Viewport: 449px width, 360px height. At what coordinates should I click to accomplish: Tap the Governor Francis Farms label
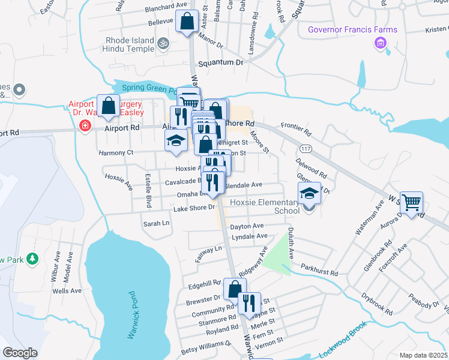[352, 30]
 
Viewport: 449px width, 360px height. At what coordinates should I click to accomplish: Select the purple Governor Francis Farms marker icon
[379, 43]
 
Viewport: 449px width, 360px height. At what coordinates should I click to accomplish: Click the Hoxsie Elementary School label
[278, 206]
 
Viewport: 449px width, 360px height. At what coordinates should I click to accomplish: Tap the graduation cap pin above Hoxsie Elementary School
[309, 194]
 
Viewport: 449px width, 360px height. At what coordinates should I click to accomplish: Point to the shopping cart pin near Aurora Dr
[411, 203]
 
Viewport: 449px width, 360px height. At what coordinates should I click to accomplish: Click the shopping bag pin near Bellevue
[187, 21]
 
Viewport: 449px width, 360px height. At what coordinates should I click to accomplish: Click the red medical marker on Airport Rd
[85, 126]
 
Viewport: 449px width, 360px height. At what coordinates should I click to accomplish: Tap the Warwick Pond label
[133, 316]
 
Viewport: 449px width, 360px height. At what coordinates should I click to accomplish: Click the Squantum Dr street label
[222, 62]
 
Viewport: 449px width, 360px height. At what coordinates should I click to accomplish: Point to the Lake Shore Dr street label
[194, 208]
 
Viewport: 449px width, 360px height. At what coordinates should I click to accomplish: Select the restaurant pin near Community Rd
[249, 304]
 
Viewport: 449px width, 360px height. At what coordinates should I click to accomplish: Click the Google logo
[20, 353]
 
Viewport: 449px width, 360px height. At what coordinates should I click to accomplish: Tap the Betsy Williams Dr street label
[206, 344]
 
